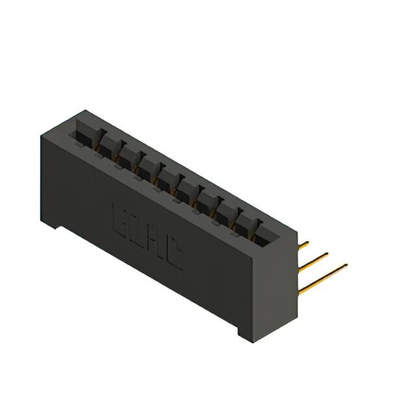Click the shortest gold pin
pyautogui.click(x=303, y=245)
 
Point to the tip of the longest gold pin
pyautogui.click(x=346, y=264)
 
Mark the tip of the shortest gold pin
pyautogui.click(x=307, y=243)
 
